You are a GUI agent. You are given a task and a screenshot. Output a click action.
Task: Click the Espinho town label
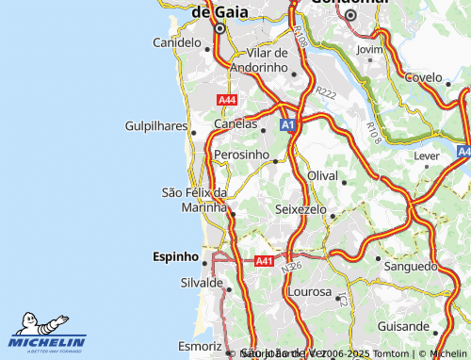[x=175, y=256]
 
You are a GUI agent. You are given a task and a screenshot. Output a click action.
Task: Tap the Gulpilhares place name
[x=155, y=125]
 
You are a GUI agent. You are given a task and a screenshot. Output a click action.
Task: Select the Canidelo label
[x=177, y=42]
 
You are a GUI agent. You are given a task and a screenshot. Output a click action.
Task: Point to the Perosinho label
[x=242, y=153]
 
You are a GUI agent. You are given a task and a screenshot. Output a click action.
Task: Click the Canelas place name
[x=235, y=123]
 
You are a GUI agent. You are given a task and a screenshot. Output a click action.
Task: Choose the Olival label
[x=322, y=176]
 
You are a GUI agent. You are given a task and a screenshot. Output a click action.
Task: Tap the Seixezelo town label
[x=300, y=208]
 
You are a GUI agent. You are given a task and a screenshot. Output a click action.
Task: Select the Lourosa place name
[x=308, y=292]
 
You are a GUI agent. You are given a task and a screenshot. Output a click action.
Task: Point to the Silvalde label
[x=201, y=283]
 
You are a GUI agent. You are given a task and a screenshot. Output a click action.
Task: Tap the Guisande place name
[x=401, y=324]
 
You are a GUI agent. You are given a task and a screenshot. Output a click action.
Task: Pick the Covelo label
[x=423, y=77]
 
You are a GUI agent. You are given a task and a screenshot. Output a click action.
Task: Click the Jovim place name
[x=370, y=49]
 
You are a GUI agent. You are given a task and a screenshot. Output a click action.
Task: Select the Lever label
[x=427, y=154]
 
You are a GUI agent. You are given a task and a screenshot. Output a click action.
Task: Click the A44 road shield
[x=227, y=100]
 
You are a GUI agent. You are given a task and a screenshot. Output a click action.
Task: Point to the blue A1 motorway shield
[x=288, y=123]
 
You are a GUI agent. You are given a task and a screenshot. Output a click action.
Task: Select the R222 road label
[x=326, y=93]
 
